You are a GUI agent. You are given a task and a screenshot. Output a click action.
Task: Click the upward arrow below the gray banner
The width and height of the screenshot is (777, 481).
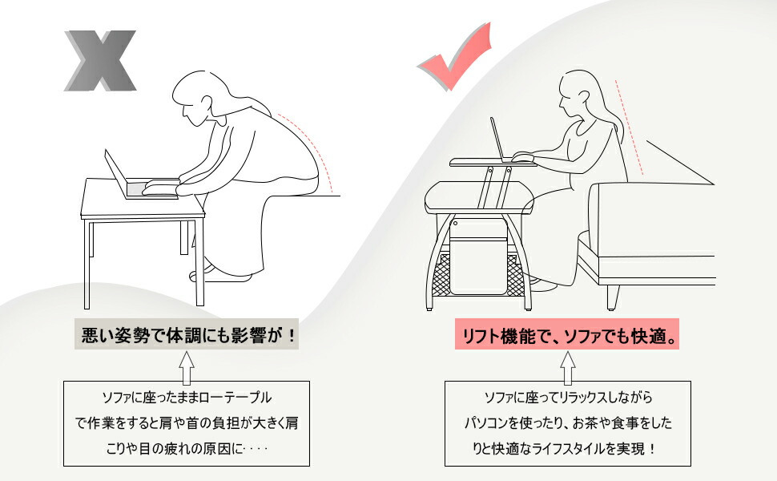[187, 367]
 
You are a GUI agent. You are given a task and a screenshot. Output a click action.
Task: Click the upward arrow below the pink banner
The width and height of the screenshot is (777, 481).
[568, 367]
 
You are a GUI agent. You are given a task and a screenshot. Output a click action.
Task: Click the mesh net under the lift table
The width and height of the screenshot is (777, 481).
[481, 281]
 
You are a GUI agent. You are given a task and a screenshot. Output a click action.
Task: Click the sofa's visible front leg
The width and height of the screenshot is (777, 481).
[613, 297]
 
